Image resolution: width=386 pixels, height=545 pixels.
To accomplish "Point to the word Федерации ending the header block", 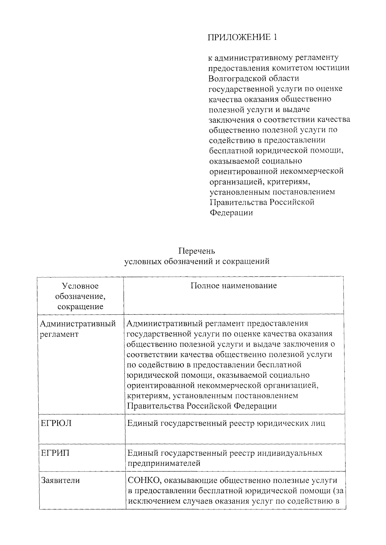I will pyautogui.click(x=231, y=213).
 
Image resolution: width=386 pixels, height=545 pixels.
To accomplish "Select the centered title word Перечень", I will pyautogui.click(x=197, y=251).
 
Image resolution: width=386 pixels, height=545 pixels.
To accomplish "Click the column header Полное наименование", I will pyautogui.click(x=234, y=286).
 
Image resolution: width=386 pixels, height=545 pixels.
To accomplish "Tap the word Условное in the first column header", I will pyautogui.click(x=80, y=286).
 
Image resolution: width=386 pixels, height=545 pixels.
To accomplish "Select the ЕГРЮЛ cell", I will pyautogui.click(x=56, y=423).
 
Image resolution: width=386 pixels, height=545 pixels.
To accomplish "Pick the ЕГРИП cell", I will pyautogui.click(x=55, y=453).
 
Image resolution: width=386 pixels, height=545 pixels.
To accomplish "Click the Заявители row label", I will pyautogui.click(x=60, y=480).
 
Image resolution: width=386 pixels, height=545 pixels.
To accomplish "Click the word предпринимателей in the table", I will pyautogui.click(x=164, y=463).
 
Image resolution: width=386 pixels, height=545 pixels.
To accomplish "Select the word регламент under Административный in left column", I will pyautogui.click(x=59, y=334).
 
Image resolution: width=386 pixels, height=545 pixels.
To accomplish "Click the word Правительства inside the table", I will pyautogui.click(x=156, y=406).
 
